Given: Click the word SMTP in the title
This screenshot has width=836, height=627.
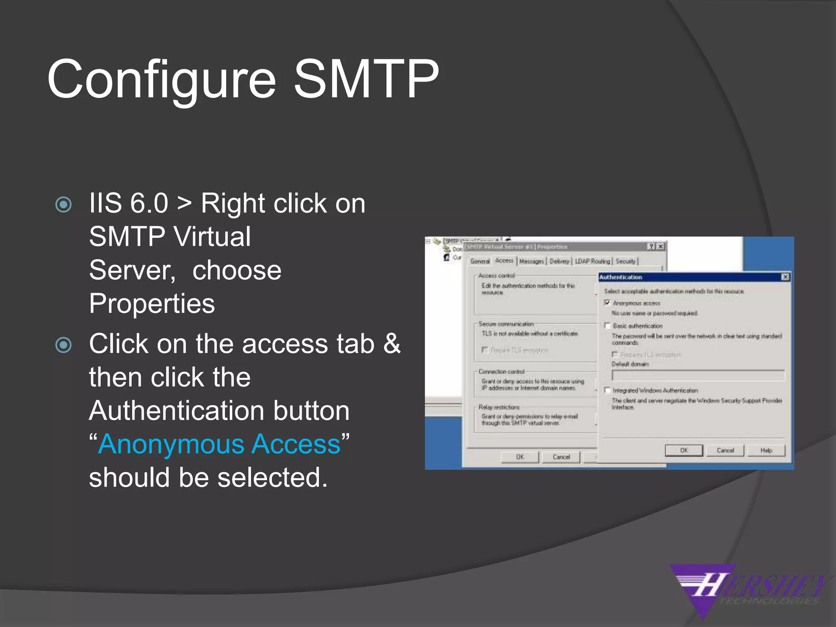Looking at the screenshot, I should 366,79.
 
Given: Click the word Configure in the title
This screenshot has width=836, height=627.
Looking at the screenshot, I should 162,80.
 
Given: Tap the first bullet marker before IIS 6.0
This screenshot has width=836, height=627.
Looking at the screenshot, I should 64,205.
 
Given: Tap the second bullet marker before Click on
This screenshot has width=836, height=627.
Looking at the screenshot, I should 64,345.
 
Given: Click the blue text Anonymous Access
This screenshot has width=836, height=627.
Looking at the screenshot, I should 219,444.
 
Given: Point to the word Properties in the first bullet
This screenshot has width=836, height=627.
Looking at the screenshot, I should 152,304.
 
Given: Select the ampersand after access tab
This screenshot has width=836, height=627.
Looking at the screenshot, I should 392,344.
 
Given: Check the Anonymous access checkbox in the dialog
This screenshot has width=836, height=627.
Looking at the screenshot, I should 607,303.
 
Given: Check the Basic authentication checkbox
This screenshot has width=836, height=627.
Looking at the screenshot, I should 607,326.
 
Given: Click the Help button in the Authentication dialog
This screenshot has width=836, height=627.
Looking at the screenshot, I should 766,451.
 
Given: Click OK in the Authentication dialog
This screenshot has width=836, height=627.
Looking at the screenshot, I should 684,451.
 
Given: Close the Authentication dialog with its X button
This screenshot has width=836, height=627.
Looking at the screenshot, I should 785,277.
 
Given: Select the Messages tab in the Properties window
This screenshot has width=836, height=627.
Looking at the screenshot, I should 531,261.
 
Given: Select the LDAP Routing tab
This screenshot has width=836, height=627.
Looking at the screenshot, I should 592,261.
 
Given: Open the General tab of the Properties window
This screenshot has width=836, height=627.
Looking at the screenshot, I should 480,261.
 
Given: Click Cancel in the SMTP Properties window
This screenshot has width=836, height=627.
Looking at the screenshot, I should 561,457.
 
